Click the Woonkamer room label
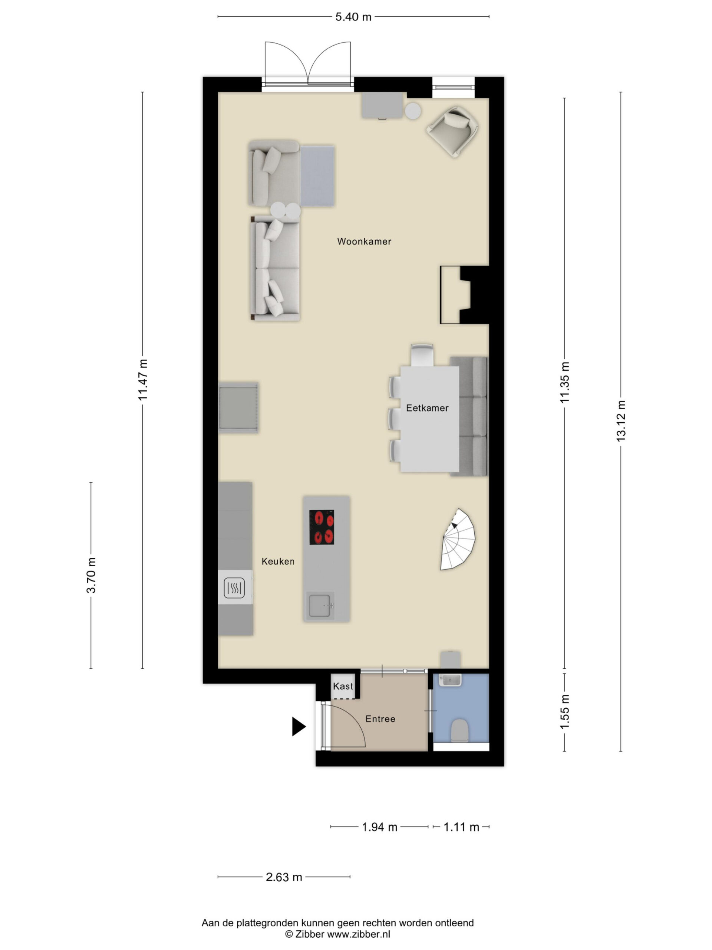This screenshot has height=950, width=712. click(x=364, y=241)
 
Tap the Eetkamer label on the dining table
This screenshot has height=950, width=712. click(x=427, y=408)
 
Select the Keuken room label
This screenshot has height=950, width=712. click(x=278, y=561)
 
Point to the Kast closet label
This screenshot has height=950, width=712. click(x=343, y=686)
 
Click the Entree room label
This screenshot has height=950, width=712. click(x=380, y=718)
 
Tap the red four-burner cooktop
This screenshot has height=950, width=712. click(x=322, y=527)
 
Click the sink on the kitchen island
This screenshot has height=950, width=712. click(x=320, y=605)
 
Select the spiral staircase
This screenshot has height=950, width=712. click(x=458, y=540)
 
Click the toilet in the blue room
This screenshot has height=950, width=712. click(x=459, y=730)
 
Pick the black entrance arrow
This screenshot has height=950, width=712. click(x=299, y=727)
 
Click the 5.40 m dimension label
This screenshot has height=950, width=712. click(x=353, y=17)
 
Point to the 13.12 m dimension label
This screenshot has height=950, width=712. click(x=620, y=420)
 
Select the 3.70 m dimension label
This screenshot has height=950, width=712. click(x=91, y=575)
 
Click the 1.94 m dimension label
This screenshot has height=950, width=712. click(x=380, y=827)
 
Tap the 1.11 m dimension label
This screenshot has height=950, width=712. click(x=461, y=827)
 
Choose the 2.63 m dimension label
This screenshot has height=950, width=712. click(x=284, y=877)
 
